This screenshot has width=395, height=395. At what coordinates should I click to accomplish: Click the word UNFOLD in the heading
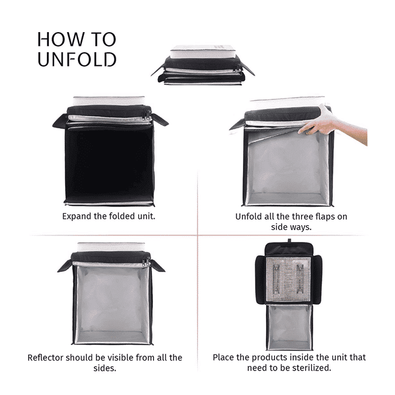(77, 59)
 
